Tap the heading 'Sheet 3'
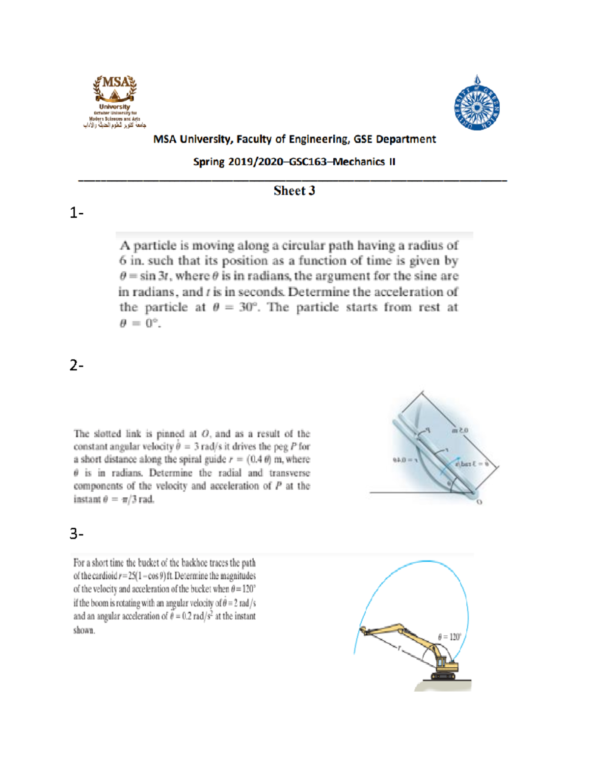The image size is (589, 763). tap(294, 191)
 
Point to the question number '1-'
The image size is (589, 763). tap(76, 213)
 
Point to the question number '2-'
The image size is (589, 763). tap(76, 366)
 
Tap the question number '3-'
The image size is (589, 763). tap(76, 534)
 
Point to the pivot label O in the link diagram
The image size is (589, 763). tap(480, 502)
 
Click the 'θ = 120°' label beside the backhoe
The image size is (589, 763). tap(450, 637)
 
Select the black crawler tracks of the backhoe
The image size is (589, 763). tap(445, 676)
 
